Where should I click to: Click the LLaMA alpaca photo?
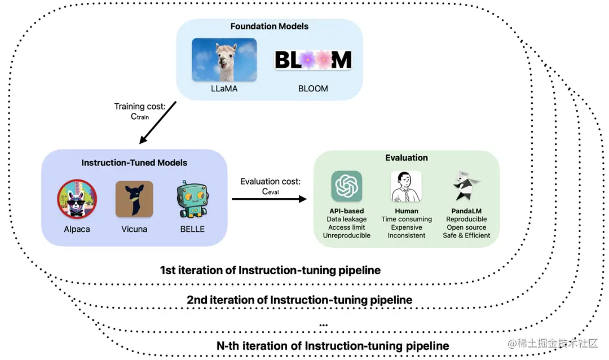pos(224,59)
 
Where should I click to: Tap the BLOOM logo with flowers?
pos(313,60)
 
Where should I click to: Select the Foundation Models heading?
pos(269,26)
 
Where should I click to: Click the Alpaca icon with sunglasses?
pos(77,199)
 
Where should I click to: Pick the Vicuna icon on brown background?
pos(134,199)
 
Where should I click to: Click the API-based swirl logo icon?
pos(346,186)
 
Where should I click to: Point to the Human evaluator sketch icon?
pos(406,186)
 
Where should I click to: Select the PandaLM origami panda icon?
pos(466,186)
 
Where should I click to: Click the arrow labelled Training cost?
pos(158,123)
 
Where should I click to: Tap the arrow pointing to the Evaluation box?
pos(269,199)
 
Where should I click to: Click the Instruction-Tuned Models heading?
pos(134,163)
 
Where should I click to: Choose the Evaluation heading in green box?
pos(406,157)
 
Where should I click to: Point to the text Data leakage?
pos(346,219)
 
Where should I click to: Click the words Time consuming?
pos(406,219)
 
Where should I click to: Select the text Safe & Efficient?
pos(466,235)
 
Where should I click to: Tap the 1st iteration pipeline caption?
pos(270,270)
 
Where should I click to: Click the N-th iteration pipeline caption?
pos(333,346)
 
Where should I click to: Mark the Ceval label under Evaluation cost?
pos(270,191)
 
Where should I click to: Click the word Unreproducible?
pos(346,235)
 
